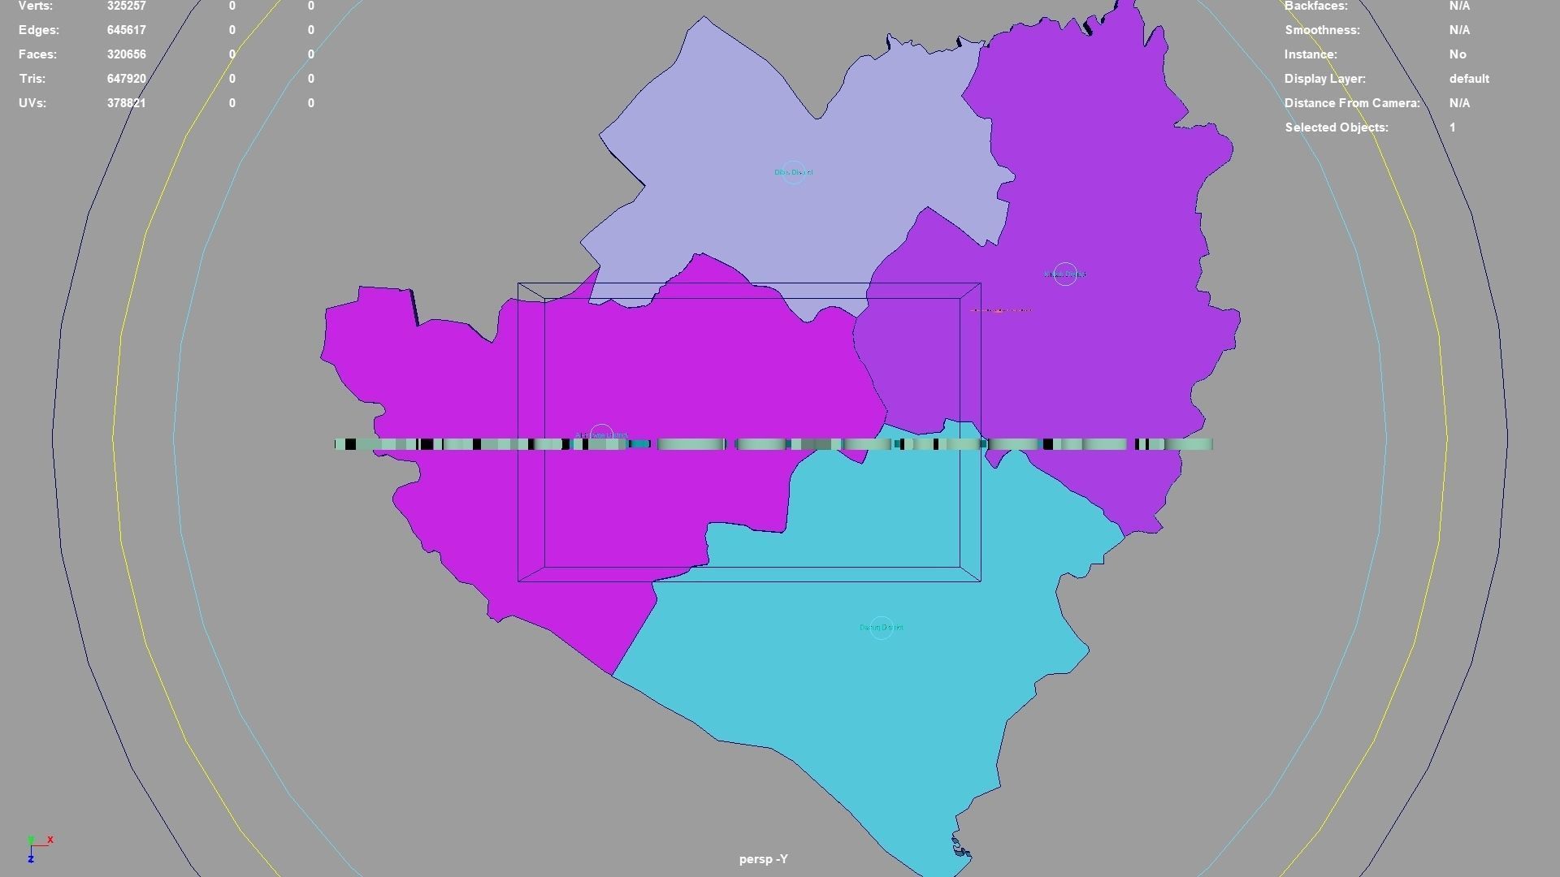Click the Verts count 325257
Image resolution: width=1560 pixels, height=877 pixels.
click(126, 6)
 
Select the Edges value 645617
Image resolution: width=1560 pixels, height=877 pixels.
click(126, 30)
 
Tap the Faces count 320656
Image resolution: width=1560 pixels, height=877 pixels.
click(126, 54)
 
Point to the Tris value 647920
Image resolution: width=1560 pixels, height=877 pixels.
click(126, 79)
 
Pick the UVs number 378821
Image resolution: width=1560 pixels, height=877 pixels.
click(126, 103)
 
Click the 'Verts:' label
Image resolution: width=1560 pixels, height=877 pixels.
click(36, 6)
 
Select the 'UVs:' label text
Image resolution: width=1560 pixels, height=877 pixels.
click(32, 103)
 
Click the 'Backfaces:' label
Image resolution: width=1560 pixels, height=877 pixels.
click(1315, 6)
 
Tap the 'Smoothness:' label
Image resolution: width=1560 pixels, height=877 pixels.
click(1322, 30)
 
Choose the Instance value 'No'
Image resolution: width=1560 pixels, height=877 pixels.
click(1458, 54)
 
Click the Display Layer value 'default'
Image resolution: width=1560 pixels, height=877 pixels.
click(1468, 79)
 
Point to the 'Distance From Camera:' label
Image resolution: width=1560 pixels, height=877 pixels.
click(1352, 103)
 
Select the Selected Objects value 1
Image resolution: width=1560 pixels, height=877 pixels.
click(1452, 127)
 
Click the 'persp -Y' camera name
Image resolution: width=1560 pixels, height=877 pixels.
click(763, 859)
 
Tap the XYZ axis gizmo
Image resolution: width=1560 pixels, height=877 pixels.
click(37, 847)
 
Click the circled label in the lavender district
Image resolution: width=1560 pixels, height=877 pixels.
click(793, 172)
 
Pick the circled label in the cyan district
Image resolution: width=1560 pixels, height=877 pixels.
click(881, 628)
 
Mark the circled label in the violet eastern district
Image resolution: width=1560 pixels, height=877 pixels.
click(1064, 274)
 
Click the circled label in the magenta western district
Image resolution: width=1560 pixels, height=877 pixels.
click(601, 435)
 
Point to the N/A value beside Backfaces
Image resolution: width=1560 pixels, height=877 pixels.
click(1459, 6)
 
